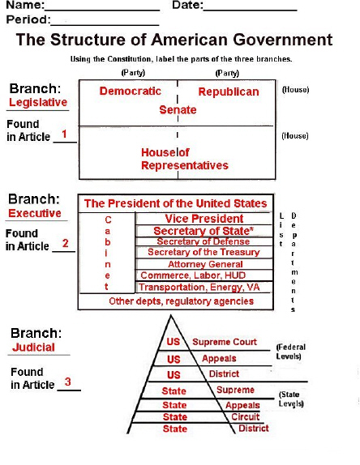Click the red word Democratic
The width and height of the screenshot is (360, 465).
(x=130, y=91)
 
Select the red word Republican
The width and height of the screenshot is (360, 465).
(x=229, y=92)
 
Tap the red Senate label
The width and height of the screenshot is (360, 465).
(x=178, y=110)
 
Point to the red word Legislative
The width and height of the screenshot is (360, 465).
(x=38, y=102)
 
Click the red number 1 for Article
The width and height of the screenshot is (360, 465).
(x=64, y=134)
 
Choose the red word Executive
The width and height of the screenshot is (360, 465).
(x=35, y=213)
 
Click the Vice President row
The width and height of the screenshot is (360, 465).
(x=204, y=219)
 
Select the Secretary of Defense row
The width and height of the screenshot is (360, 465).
(x=204, y=241)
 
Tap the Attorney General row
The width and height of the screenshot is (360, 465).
(x=205, y=264)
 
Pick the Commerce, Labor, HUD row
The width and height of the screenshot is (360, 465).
(x=193, y=275)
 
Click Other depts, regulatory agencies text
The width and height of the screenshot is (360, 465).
(x=182, y=301)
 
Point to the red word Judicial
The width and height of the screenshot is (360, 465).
(x=33, y=348)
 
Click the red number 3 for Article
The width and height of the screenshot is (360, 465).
(x=68, y=382)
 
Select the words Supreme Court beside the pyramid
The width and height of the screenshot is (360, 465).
(x=225, y=342)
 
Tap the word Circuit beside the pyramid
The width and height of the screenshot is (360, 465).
(x=246, y=417)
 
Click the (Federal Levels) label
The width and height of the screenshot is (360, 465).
(x=291, y=352)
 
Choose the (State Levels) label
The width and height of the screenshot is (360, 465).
(x=291, y=399)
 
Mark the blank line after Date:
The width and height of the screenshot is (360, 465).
(x=251, y=11)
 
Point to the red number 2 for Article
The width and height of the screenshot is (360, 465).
(x=66, y=244)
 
